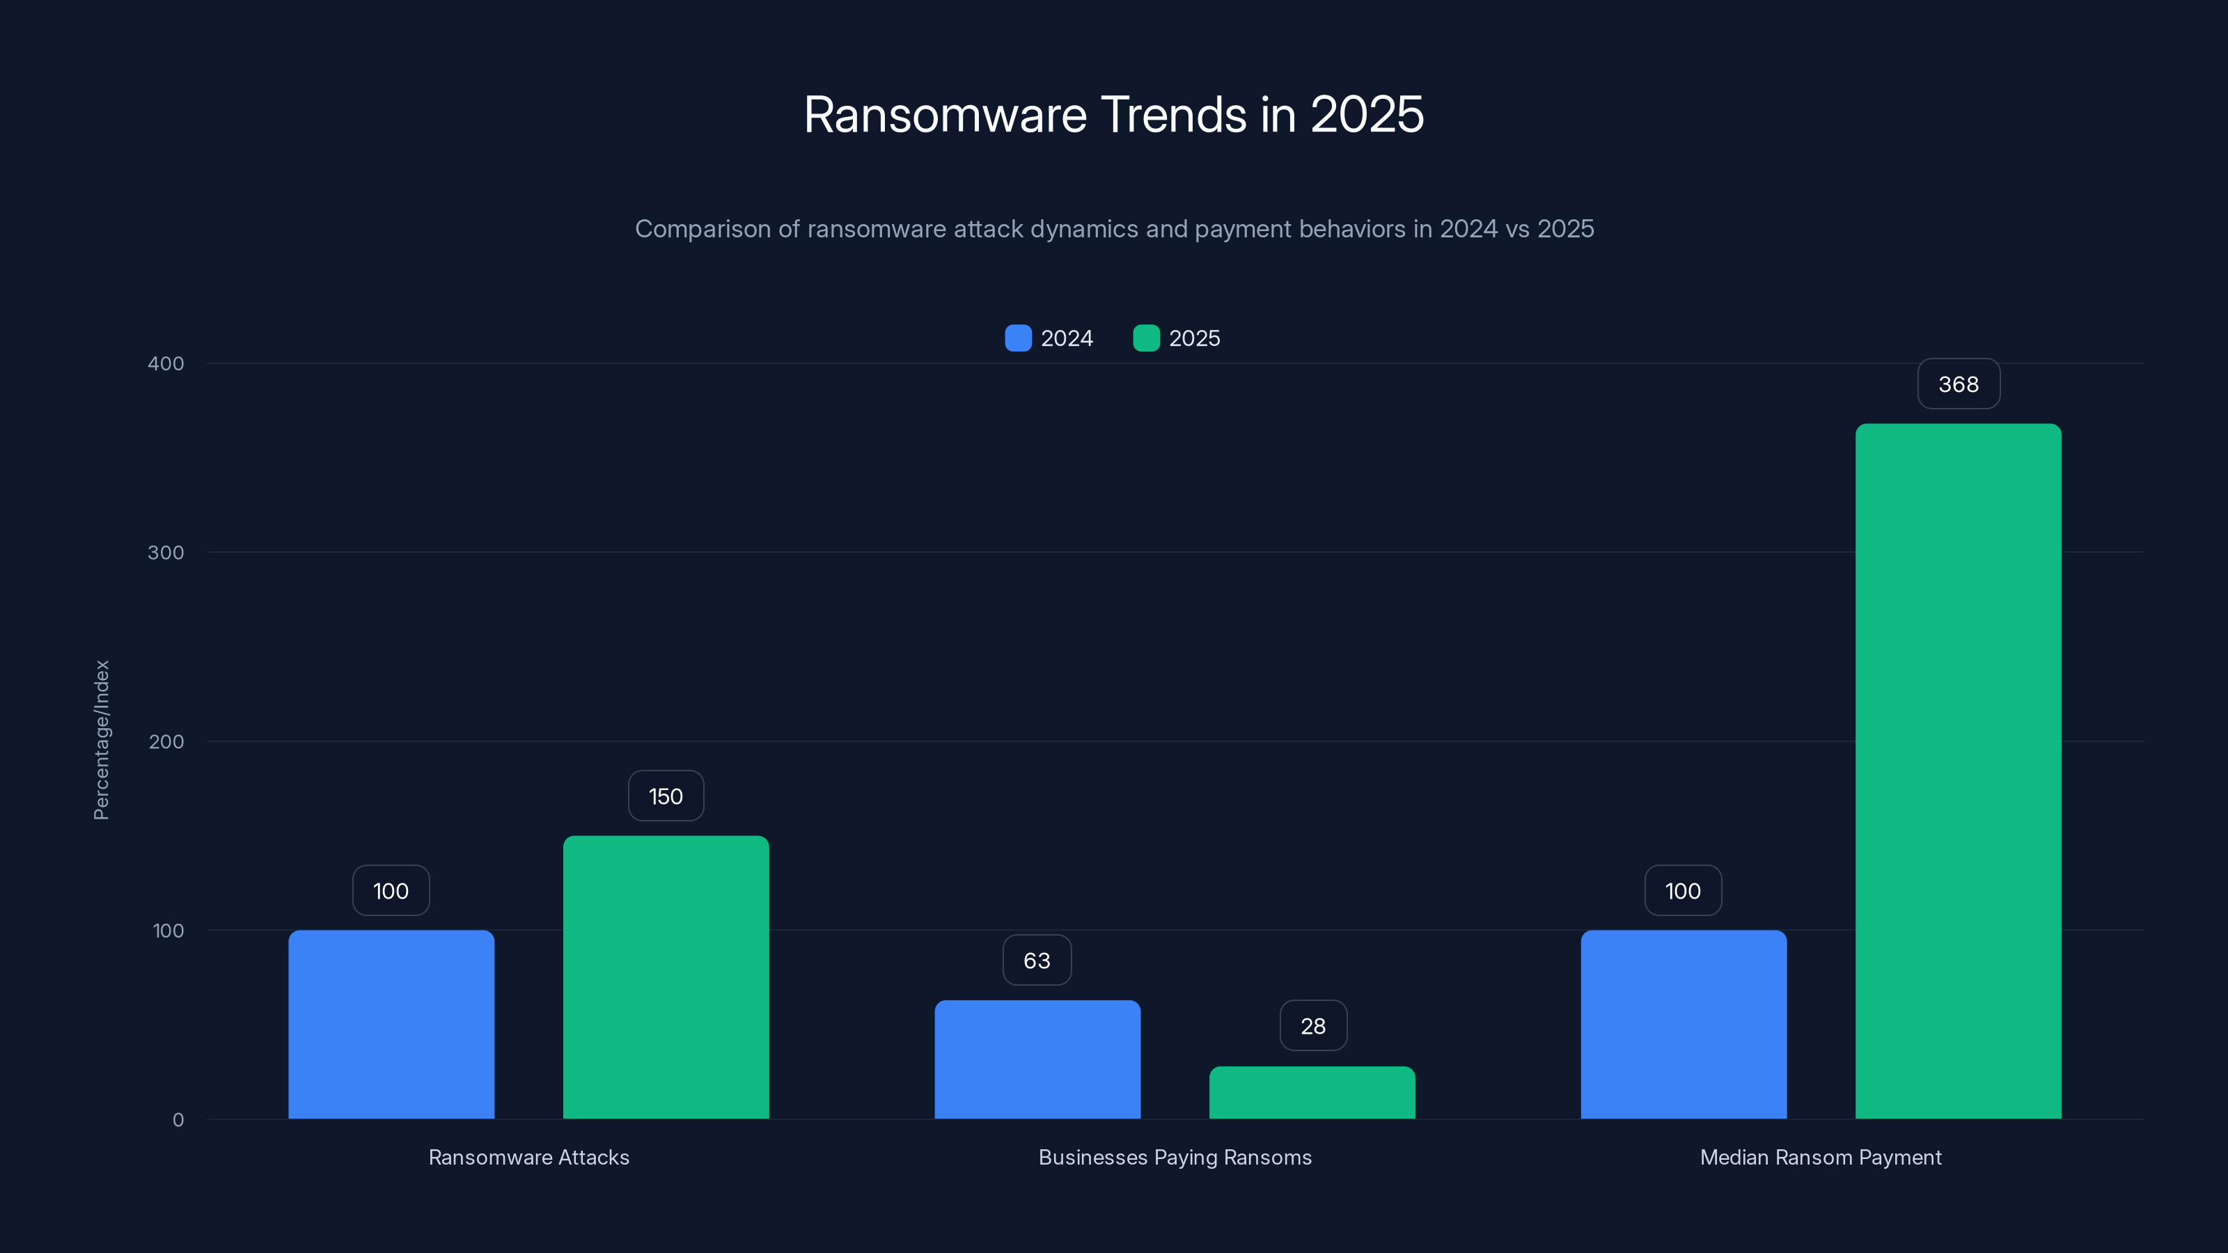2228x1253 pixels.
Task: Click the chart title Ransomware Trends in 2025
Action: (x=1113, y=114)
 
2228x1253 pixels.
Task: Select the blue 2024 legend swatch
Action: (x=1018, y=338)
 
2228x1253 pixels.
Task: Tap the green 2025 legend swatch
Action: (x=1146, y=338)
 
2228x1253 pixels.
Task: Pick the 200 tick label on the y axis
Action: (x=166, y=742)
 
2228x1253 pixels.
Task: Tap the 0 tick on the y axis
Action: (x=178, y=1120)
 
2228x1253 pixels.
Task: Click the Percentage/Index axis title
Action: (x=101, y=739)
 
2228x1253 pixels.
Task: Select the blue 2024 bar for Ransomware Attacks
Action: (x=391, y=1025)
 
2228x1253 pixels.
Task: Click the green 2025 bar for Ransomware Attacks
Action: (x=666, y=977)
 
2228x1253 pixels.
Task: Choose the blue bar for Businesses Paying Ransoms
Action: (x=1037, y=1059)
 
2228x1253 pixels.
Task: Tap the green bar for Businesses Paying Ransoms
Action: (x=1312, y=1093)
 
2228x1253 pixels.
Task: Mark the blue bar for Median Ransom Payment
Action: (x=1683, y=1025)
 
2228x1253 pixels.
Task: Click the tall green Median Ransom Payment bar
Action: (x=1958, y=771)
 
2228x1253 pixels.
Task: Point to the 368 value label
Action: (x=1958, y=384)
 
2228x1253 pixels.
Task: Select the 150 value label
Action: (x=665, y=796)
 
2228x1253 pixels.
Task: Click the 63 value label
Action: (x=1036, y=961)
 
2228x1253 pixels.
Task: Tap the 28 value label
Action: (x=1313, y=1027)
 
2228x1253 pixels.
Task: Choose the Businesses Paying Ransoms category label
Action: (x=1175, y=1158)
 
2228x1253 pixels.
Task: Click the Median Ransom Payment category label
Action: (x=1821, y=1158)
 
